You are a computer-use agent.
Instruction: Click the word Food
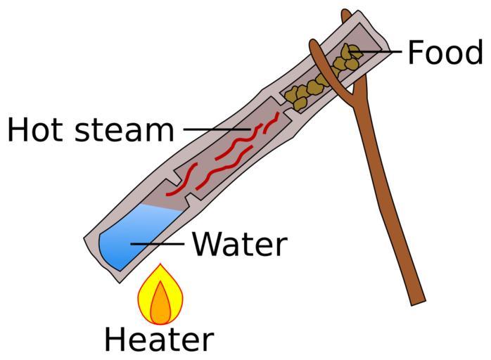tap(445, 52)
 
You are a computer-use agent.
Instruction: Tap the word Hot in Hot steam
tap(34, 129)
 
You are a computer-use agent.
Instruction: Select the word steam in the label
tap(125, 129)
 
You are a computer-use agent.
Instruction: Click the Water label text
tap(240, 244)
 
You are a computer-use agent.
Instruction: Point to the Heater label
tap(159, 340)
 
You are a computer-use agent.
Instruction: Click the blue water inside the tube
tap(138, 237)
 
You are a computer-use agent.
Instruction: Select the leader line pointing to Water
tap(157, 243)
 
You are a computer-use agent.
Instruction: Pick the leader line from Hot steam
tap(217, 129)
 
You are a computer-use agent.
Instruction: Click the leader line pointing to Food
tap(374, 51)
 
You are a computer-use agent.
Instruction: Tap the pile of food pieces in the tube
tap(323, 77)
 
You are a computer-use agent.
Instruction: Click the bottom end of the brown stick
tap(419, 302)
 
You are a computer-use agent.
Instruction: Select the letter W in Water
tap(208, 244)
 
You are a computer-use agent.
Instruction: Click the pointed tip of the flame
tap(160, 264)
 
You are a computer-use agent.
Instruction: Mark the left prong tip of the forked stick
tap(312, 42)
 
